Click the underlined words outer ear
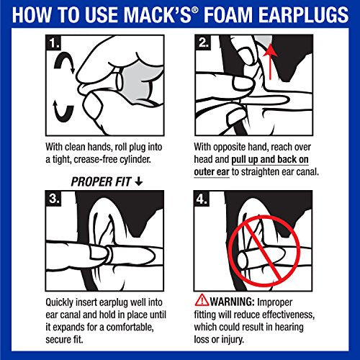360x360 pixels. [x=220, y=171]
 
